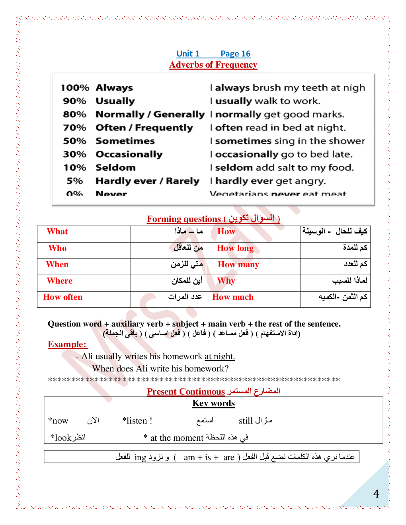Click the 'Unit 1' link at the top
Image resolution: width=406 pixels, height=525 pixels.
[188, 54]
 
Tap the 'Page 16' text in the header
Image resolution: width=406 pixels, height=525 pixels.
[236, 54]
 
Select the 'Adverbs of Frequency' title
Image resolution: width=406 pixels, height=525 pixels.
[213, 65]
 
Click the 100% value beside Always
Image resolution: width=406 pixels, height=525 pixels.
[75, 88]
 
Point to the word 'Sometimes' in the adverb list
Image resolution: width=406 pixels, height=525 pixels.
[125, 141]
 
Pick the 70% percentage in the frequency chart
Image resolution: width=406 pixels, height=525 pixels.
[74, 128]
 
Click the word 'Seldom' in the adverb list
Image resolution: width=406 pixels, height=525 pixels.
[115, 168]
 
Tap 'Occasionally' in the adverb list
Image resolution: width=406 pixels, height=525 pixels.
[129, 154]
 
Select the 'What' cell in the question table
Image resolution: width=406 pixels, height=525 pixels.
[57, 231]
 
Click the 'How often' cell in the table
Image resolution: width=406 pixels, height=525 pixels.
[63, 297]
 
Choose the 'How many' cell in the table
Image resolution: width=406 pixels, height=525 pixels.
[238, 264]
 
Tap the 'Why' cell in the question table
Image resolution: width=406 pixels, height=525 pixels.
[226, 281]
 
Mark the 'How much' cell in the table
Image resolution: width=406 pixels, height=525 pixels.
[233, 297]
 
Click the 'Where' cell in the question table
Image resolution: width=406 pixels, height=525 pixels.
[60, 281]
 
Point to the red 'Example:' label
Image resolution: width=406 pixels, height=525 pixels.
[67, 344]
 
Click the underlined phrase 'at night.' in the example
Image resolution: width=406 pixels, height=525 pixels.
[220, 356]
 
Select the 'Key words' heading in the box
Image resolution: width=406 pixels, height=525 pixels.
[214, 403]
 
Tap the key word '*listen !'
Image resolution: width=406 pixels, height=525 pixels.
[137, 421]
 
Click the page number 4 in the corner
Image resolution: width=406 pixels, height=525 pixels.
[376, 494]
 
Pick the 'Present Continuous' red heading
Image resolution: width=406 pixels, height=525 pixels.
[186, 392]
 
